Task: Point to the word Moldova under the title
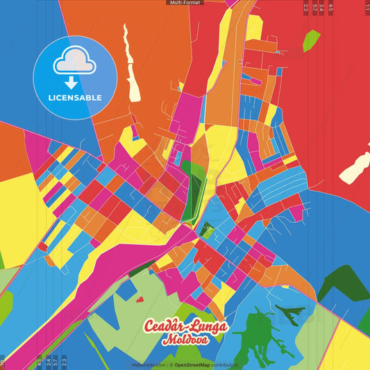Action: (185, 341)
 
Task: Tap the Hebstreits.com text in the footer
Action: (147, 364)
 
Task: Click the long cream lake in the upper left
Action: (130, 56)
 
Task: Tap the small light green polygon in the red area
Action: (312, 41)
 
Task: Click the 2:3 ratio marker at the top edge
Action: (306, 8)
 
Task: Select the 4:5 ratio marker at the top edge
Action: (330, 8)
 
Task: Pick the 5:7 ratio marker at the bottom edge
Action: (56, 362)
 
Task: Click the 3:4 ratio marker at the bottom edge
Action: (47, 362)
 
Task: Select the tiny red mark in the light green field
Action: (140, 300)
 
